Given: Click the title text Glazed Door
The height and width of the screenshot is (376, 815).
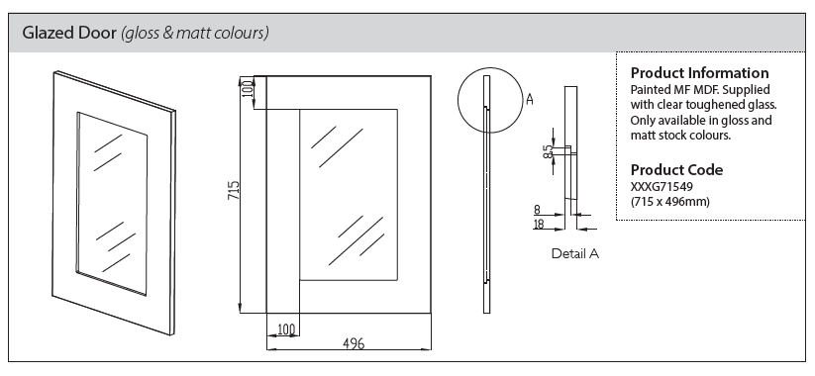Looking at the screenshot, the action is pos(69,33).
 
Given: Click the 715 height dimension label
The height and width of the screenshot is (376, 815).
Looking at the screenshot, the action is pos(234,191).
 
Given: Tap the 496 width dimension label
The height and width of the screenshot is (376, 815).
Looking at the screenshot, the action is pos(354,343).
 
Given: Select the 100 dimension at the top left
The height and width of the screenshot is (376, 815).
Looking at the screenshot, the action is pos(248,88).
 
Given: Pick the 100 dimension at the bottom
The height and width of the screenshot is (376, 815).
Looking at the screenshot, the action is pos(286,329).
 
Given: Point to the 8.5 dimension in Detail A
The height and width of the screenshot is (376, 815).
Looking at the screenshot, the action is pos(548,151).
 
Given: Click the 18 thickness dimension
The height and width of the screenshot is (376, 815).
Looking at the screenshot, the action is pos(539,224).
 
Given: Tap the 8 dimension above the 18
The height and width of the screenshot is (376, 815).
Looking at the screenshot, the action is pos(537,210).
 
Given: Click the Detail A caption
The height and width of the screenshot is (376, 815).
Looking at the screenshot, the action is pos(575,254).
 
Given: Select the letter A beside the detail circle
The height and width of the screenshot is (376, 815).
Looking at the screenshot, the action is pos(529,99).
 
